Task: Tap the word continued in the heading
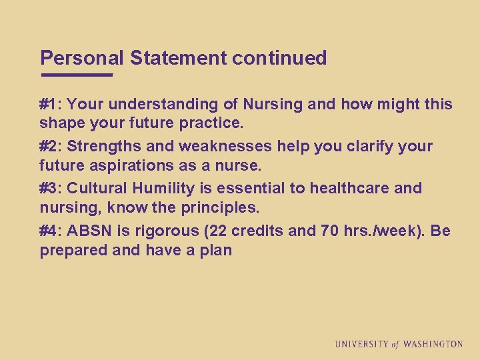click(279, 59)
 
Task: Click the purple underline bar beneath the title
click(77, 75)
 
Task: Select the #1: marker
click(51, 105)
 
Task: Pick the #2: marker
click(51, 146)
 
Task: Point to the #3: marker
click(51, 188)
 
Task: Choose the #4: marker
click(51, 231)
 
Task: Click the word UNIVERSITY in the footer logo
click(362, 344)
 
